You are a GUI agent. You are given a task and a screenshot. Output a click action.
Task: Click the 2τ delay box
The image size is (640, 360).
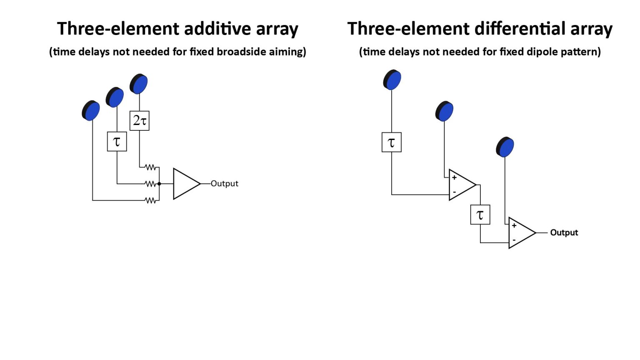point(139,120)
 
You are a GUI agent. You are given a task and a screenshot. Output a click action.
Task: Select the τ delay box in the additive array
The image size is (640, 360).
point(117,141)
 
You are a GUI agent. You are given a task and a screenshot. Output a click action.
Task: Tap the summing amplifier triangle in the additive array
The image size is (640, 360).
point(185,184)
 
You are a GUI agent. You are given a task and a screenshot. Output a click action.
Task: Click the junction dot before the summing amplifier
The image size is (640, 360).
point(159,184)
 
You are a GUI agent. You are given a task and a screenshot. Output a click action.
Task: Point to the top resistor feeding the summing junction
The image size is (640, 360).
point(150,167)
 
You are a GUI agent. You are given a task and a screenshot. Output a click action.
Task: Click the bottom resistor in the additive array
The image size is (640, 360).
point(150,200)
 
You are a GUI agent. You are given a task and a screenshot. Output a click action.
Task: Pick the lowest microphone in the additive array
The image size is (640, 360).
point(91,111)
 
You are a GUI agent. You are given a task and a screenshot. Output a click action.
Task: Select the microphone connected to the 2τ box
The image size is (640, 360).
point(139,84)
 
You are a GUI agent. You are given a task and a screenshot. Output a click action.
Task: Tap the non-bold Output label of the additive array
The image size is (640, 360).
point(224,184)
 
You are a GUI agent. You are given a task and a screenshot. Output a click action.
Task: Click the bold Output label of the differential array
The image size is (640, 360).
point(564,232)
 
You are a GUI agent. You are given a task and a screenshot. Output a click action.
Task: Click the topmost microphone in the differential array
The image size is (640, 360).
point(392,80)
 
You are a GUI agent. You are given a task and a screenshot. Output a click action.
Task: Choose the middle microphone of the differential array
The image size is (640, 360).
point(445,111)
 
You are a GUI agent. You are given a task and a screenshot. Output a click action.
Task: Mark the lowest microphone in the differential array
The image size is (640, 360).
point(505,147)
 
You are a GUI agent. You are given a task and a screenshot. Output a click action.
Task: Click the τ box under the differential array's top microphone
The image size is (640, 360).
point(391,142)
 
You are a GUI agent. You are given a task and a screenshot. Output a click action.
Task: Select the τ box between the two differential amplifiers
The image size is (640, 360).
point(480,215)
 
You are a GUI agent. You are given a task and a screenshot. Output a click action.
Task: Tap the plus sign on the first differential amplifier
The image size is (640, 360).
point(454,177)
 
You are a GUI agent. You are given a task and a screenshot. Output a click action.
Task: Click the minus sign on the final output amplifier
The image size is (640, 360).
point(514,240)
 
